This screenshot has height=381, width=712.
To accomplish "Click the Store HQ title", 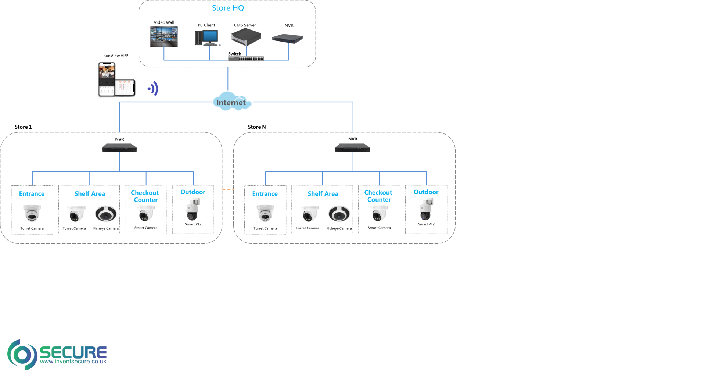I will point(228,8).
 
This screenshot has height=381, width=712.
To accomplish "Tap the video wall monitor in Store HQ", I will point(164,37).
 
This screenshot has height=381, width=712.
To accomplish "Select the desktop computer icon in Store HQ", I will point(208,38).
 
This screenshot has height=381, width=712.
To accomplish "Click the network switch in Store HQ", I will point(246,58).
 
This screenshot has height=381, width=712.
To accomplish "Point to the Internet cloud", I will point(232,102).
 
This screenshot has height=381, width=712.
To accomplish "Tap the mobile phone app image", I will point(116,80).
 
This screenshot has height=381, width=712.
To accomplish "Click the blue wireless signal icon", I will point(153,89).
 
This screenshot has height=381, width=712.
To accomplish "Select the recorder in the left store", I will point(119,148).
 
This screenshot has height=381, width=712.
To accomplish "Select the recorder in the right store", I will point(353,148).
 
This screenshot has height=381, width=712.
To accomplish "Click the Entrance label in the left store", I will point(32,194).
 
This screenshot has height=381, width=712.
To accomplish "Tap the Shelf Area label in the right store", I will point(323,194).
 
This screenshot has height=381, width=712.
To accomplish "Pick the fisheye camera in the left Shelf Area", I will point(106,214).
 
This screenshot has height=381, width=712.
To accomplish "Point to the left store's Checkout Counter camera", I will point(146,213).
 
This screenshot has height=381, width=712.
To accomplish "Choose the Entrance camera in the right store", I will point(265,213).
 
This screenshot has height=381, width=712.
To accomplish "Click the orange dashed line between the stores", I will point(228,189).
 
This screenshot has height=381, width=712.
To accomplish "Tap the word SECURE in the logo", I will point(73,352).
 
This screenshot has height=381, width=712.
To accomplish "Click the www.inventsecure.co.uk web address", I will point(73,362).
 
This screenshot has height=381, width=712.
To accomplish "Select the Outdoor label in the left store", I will point(193,192).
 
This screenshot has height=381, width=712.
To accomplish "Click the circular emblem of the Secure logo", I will point(22,355).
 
